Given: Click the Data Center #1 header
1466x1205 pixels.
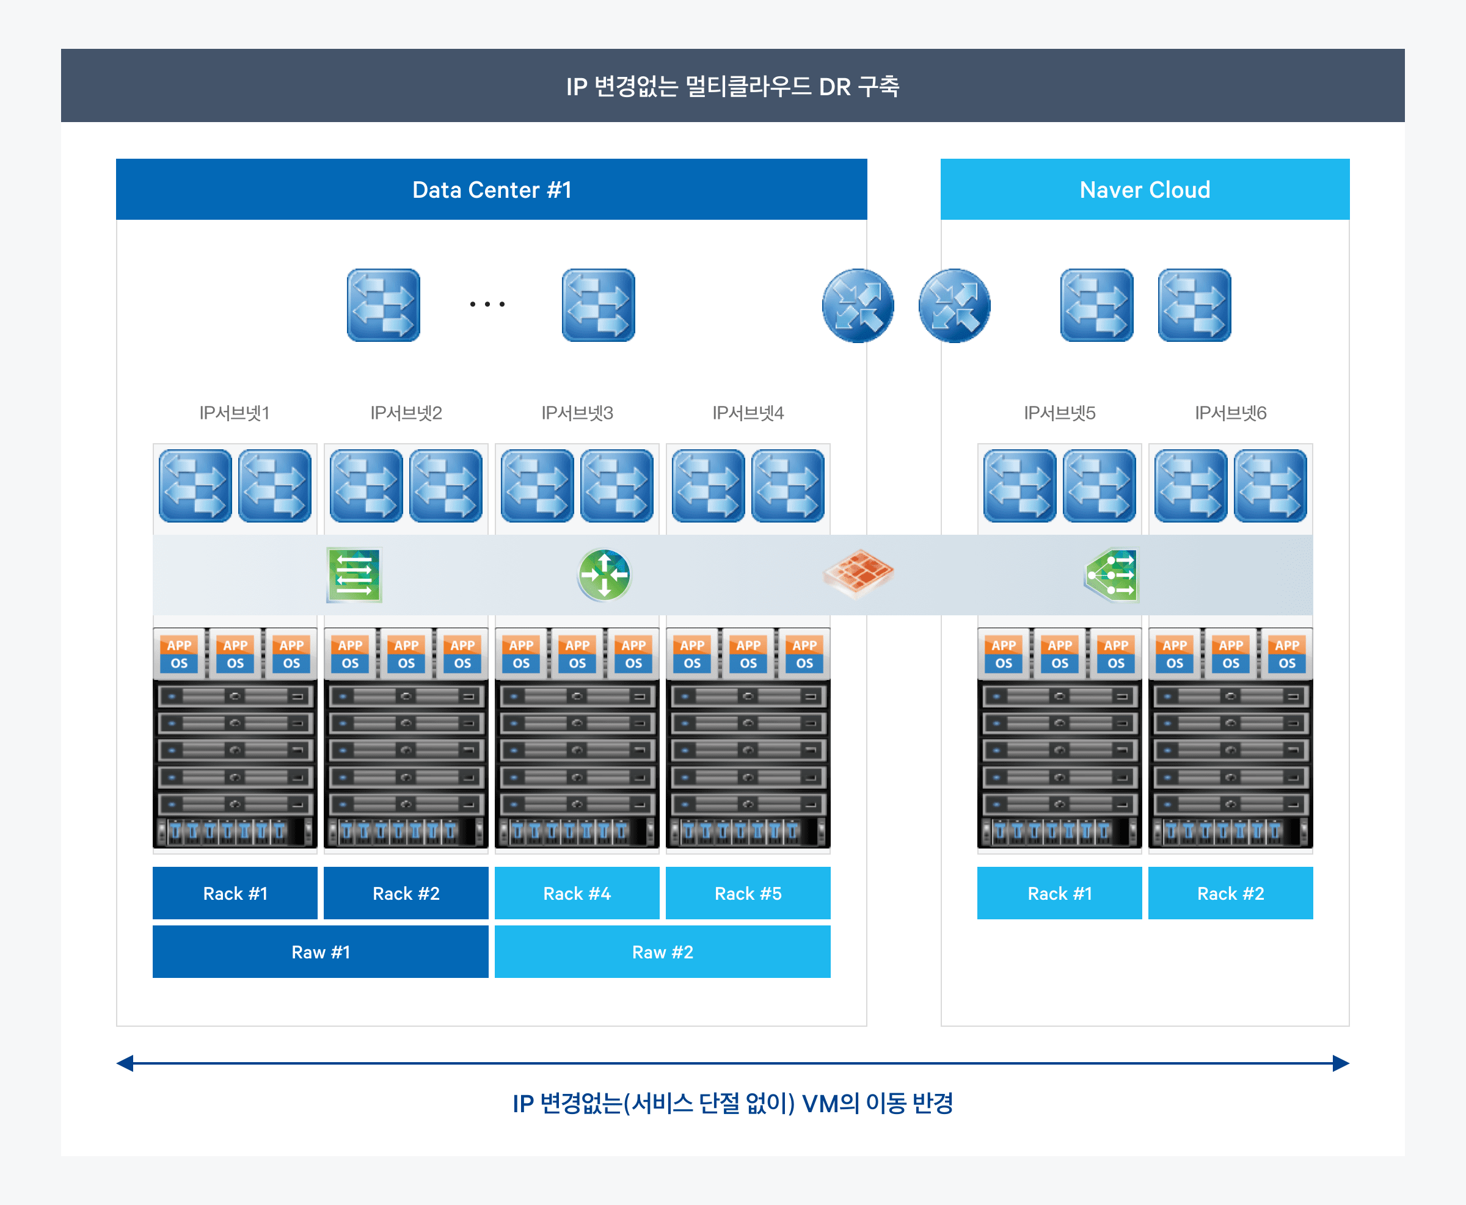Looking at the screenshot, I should pyautogui.click(x=491, y=189).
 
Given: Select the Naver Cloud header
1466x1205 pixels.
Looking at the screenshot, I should pyautogui.click(x=1145, y=189).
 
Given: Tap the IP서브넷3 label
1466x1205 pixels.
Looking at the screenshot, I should pyautogui.click(x=577, y=413).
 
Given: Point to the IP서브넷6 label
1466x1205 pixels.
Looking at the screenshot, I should pyautogui.click(x=1231, y=413).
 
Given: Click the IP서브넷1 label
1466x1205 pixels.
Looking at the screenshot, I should pyautogui.click(x=235, y=413).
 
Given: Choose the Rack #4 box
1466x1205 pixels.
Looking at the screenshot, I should pyautogui.click(x=577, y=893).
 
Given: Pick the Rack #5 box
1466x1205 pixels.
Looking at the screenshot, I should pyautogui.click(x=748, y=893).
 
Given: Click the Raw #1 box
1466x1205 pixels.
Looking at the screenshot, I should pyautogui.click(x=320, y=952).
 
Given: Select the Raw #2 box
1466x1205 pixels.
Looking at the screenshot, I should pyautogui.click(x=663, y=952).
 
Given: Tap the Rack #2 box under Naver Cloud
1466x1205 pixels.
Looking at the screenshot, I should pyautogui.click(x=1231, y=893).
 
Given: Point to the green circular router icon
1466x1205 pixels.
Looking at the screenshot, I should pyautogui.click(x=604, y=575).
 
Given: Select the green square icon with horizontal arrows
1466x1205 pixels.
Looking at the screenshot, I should pyautogui.click(x=354, y=575).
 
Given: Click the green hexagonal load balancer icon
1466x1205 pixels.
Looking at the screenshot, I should pyautogui.click(x=1111, y=575).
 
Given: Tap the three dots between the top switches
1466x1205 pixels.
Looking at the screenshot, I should pyautogui.click(x=487, y=304).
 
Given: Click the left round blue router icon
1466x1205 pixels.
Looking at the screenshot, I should pyautogui.click(x=858, y=305).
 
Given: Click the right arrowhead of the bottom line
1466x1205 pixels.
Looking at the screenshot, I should pyautogui.click(x=1341, y=1063).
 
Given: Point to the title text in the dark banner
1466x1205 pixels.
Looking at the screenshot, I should pyautogui.click(x=732, y=86).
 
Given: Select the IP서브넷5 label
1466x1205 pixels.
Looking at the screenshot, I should pyautogui.click(x=1060, y=413).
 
